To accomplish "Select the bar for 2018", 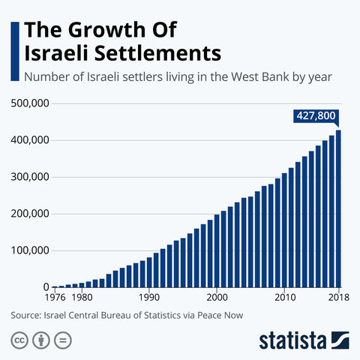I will point(338,209).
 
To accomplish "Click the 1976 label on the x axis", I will point(56,296).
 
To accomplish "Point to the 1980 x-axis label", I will point(82,296).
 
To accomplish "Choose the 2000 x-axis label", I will point(217,296).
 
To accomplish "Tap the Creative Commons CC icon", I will point(19,339).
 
